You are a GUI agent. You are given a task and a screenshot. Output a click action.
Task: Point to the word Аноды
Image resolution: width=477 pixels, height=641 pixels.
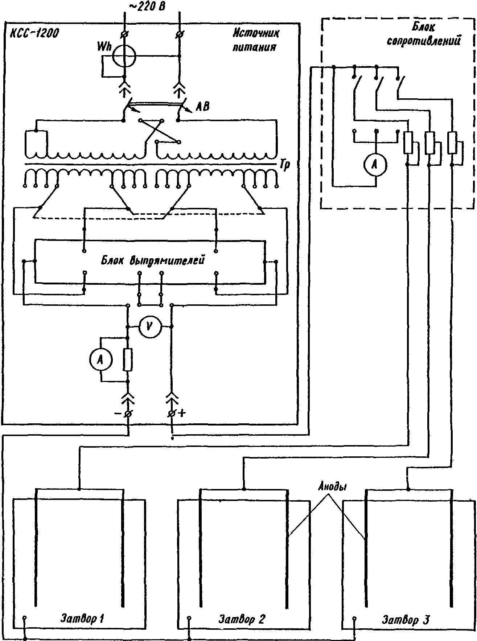[x=332, y=486]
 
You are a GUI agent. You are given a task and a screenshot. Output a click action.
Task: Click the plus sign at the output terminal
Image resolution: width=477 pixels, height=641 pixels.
[x=182, y=412]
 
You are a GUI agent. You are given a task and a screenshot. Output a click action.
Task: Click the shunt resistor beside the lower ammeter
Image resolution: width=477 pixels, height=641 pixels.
[x=127, y=359]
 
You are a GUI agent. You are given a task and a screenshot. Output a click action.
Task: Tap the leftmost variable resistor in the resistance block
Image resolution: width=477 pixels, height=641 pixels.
[x=408, y=143]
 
